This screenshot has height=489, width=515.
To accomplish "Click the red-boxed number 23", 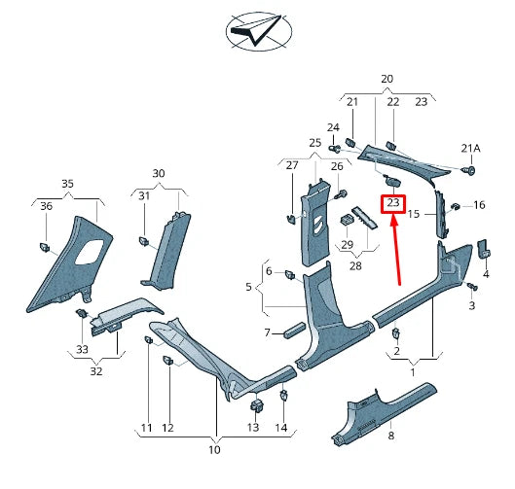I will click(x=393, y=203).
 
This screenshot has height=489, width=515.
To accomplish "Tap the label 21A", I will click(x=471, y=148).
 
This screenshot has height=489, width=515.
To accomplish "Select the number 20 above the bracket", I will click(x=386, y=79).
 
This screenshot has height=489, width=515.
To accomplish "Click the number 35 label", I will click(x=67, y=183).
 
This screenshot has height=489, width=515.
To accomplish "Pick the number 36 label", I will click(x=46, y=206).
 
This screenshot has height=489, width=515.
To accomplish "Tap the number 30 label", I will click(x=158, y=173).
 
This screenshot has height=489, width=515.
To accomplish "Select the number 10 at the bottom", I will click(x=214, y=450).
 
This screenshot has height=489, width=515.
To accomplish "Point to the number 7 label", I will click(x=268, y=333).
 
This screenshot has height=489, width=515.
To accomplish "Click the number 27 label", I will click(x=291, y=165).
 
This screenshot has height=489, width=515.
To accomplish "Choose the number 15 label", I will click(x=414, y=214).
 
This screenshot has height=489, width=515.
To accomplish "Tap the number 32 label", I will click(x=94, y=370).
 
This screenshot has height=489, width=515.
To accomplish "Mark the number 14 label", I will click(x=280, y=428).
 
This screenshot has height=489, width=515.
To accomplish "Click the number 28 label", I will click(x=356, y=264).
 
